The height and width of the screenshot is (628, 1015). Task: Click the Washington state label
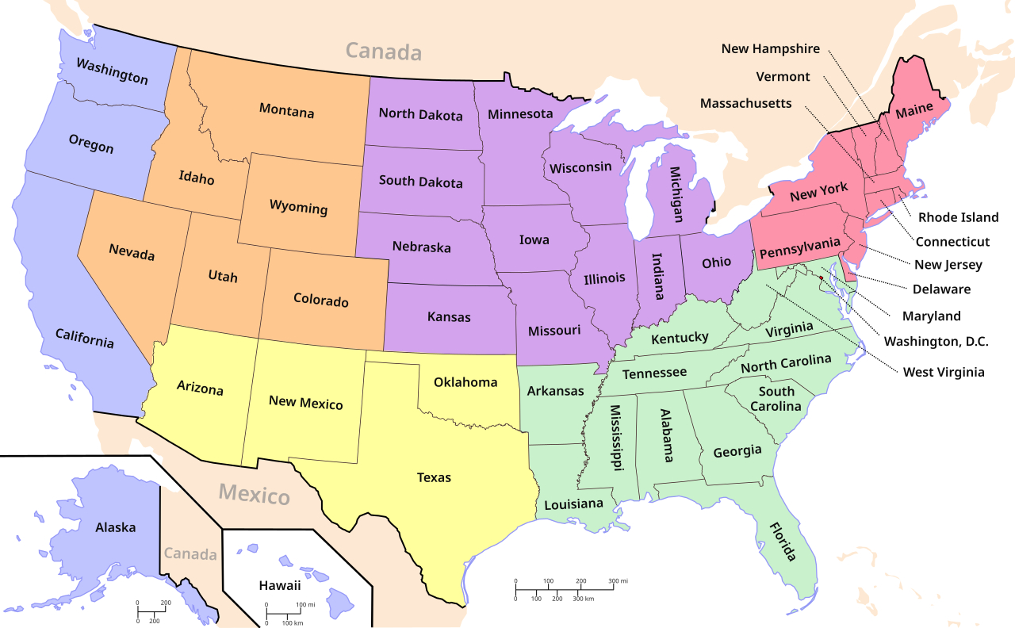pos(112,70)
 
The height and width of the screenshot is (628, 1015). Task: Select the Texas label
pos(434,477)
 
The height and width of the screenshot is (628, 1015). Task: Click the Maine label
pos(914,113)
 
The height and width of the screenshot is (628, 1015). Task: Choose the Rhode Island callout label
pos(958,217)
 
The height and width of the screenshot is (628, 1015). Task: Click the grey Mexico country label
pos(255,495)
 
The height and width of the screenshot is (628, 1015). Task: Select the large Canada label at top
pos(383,52)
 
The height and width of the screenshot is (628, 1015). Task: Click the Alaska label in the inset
pos(116,527)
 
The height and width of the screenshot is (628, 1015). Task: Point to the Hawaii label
pos(280,586)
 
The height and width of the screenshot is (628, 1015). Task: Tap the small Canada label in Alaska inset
pos(190,554)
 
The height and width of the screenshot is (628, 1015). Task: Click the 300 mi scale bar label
pos(618,581)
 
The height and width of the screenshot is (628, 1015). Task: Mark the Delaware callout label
pos(941,289)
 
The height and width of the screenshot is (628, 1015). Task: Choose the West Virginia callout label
pos(944,372)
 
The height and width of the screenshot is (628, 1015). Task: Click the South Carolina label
pos(778,399)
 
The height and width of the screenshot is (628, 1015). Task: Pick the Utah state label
pos(223,277)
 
